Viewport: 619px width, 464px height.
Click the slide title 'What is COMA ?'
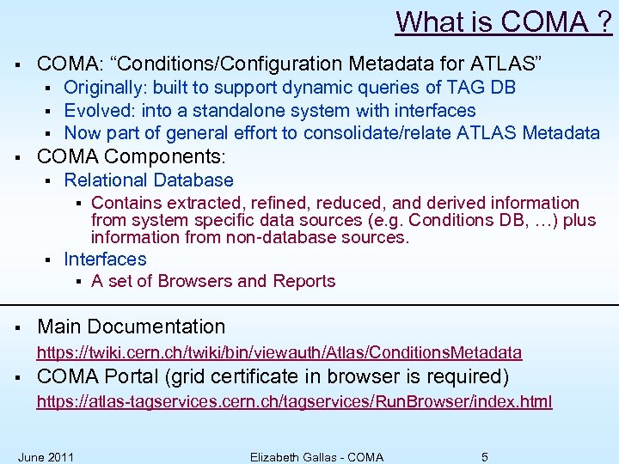point(504,21)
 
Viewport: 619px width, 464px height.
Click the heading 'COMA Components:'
point(132,157)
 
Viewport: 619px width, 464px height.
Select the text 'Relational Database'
point(149,180)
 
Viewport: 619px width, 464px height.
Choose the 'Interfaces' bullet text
point(105,259)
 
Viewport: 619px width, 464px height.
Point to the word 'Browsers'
point(187,282)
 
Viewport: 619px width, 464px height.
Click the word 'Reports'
point(304,282)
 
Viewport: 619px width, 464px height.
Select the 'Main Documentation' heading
point(132,327)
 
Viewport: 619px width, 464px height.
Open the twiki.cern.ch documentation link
point(279,352)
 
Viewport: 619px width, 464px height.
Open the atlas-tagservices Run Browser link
point(294,401)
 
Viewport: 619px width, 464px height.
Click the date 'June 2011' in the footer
point(46,456)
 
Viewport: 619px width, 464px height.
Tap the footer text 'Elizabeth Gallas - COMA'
point(316,456)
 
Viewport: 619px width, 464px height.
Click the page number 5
point(485,456)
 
